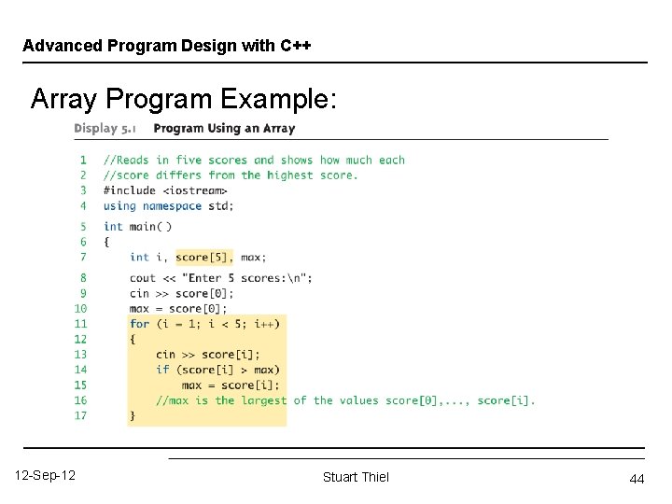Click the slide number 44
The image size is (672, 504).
click(x=637, y=479)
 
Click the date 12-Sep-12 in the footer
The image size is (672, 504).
click(x=46, y=476)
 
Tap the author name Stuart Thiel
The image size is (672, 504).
click(x=356, y=477)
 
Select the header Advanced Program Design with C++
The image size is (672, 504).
click(x=166, y=46)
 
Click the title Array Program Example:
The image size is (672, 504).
click(x=183, y=99)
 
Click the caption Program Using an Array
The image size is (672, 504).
click(x=224, y=129)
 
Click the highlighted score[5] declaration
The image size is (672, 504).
click(x=204, y=257)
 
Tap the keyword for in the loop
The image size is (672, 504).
click(x=139, y=324)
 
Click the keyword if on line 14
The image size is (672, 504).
click(x=162, y=370)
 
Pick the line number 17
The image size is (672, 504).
click(x=80, y=415)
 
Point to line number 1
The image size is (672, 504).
click(x=83, y=161)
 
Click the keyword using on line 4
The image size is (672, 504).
click(x=119, y=205)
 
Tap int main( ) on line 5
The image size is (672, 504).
click(x=138, y=226)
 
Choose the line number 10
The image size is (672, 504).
click(x=80, y=308)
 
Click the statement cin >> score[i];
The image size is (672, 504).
click(x=207, y=355)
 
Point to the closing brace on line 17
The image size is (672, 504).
click(x=133, y=415)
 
